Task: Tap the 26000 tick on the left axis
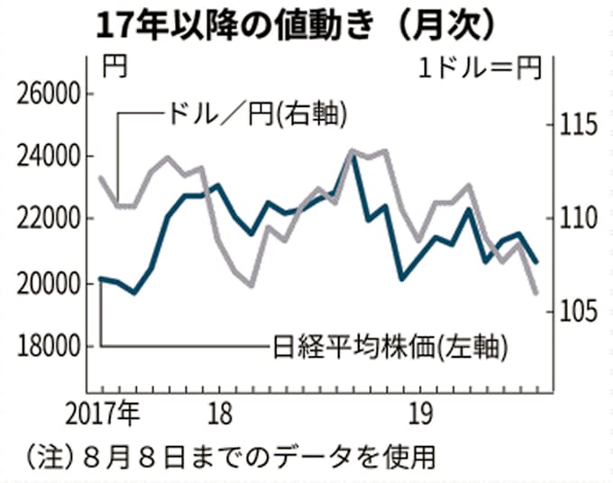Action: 49,94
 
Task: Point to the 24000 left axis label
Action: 49,157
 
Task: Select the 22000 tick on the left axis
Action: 49,219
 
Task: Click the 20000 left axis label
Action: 49,283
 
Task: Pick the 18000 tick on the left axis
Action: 49,346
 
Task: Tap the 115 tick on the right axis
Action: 573,123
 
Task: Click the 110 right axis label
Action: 573,217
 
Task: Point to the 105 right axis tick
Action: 573,312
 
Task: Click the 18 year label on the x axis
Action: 219,415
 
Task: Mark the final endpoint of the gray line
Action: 536,293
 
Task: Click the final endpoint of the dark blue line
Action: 537,262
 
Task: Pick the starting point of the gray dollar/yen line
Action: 100,177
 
